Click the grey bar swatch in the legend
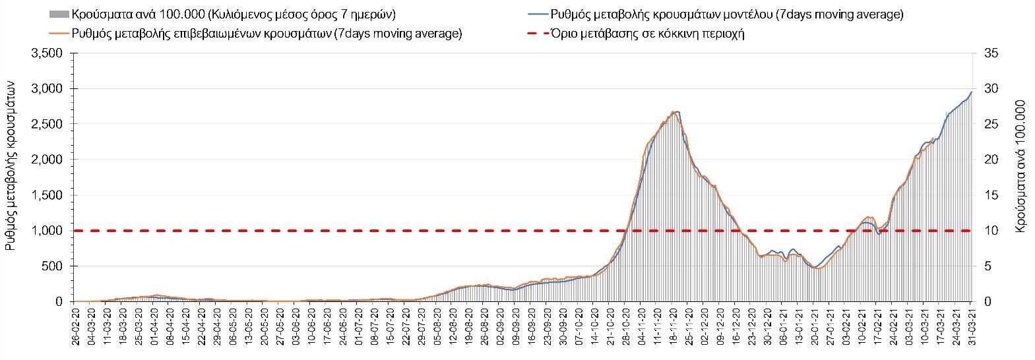(x=59, y=15)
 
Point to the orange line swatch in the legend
(x=59, y=34)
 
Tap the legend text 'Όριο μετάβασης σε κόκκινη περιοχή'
(x=650, y=34)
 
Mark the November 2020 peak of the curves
(x=675, y=112)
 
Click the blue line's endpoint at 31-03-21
(x=971, y=91)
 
